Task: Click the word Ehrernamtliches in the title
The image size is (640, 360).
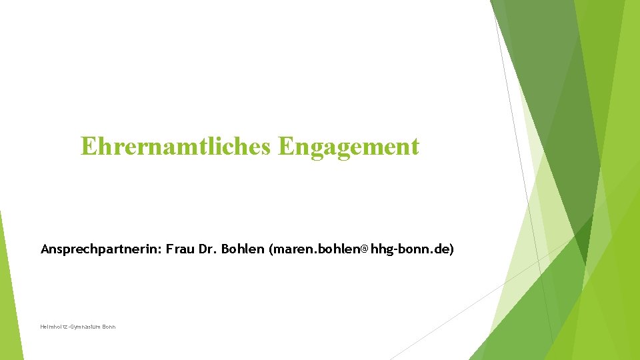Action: [176, 147]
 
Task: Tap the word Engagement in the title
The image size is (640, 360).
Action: [349, 147]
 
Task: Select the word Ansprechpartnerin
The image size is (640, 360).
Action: [101, 249]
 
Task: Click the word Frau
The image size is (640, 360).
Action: [180, 249]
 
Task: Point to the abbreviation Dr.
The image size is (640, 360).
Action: [207, 249]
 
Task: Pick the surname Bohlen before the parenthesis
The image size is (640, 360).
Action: [243, 249]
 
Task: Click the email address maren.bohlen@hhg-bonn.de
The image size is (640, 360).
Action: [361, 249]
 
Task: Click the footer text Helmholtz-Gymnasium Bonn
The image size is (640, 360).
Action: [78, 327]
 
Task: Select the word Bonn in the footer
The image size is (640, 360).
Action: [109, 327]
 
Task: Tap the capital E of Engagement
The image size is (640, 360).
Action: [287, 146]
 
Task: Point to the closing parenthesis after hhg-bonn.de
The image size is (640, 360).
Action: [451, 249]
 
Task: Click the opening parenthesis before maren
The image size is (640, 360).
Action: [271, 249]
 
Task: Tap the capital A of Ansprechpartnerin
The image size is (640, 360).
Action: [45, 249]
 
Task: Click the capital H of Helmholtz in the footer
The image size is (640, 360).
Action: [42, 327]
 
